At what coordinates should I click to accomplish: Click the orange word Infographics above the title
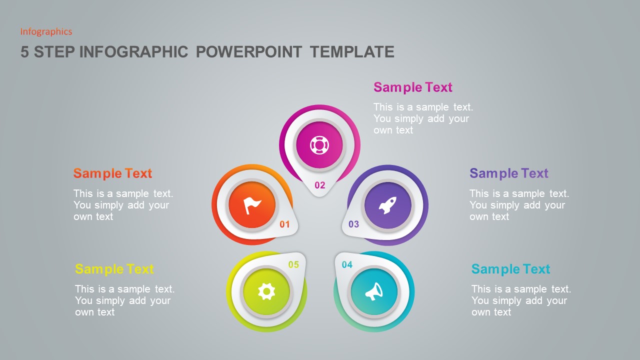click(46, 32)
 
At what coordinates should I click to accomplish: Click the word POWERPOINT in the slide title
click(248, 52)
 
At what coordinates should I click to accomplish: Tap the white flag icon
click(252, 205)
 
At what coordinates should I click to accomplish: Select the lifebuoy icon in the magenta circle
click(319, 145)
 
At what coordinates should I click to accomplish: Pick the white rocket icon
click(387, 205)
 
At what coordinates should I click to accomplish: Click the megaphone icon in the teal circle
click(374, 291)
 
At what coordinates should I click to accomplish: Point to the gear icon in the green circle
click(266, 291)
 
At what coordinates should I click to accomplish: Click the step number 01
click(284, 224)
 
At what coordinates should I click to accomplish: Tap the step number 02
click(320, 185)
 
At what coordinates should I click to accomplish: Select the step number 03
click(354, 224)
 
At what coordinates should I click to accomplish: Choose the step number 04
click(347, 265)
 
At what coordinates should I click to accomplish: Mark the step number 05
click(293, 265)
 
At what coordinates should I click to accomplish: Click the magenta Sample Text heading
click(413, 87)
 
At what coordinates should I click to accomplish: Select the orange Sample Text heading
click(112, 173)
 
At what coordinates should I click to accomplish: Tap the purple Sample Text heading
click(508, 173)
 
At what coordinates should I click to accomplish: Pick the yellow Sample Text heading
click(114, 269)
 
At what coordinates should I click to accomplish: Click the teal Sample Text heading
click(510, 269)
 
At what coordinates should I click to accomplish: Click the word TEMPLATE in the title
click(352, 52)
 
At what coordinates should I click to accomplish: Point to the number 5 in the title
click(24, 52)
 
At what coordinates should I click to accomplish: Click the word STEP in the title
click(54, 52)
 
